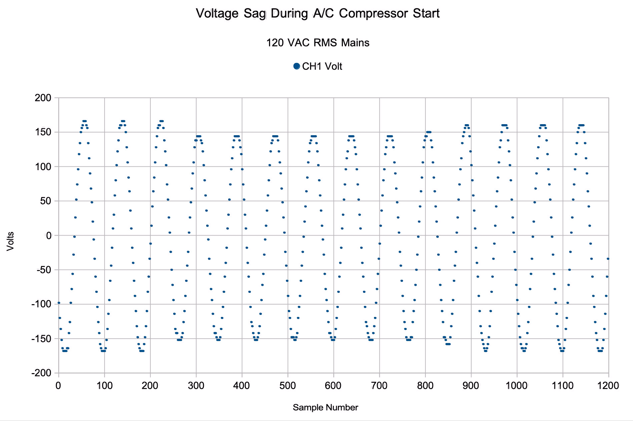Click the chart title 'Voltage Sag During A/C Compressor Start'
tap(318, 13)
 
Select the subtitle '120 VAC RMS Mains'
tap(318, 43)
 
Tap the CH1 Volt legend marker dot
tap(296, 66)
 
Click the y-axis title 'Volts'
tap(10, 241)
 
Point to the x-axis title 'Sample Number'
tap(325, 407)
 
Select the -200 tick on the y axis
tap(42, 373)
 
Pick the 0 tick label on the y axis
tap(49, 236)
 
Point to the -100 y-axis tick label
tap(42, 305)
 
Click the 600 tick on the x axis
tap(333, 386)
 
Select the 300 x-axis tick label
tap(196, 386)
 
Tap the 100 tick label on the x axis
tap(104, 386)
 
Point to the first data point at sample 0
tap(59, 303)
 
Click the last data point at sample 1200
tap(608, 259)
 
